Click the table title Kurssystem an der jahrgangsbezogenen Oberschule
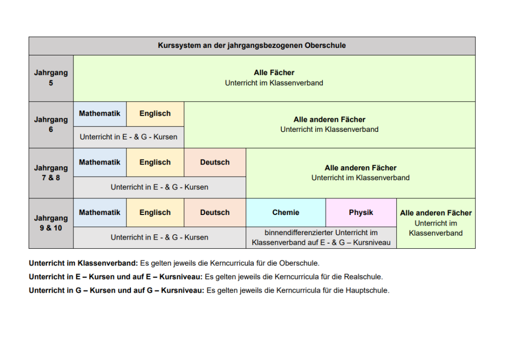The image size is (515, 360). (252, 45)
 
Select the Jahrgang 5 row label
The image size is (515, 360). (51, 78)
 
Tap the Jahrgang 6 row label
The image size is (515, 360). (51, 124)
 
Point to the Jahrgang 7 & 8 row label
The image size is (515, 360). (51, 173)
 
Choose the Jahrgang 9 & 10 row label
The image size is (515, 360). (51, 223)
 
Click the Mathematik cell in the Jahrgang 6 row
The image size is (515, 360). (100, 114)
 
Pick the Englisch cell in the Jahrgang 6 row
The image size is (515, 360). (155, 114)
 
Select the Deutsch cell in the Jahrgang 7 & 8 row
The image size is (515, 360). (215, 162)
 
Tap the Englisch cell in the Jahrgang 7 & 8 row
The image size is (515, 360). (155, 162)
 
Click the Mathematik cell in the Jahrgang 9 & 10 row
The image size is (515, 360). (100, 212)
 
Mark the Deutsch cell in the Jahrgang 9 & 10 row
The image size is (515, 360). (215, 212)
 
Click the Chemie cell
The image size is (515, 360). (286, 212)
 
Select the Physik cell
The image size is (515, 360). (361, 212)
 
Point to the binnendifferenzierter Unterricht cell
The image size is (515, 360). (321, 238)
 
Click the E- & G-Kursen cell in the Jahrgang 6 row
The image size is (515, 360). (128, 137)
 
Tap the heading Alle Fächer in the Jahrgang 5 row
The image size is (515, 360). (274, 73)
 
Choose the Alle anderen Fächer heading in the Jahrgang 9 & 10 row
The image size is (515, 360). (436, 213)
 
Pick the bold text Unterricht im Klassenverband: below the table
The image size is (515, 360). (84, 263)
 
